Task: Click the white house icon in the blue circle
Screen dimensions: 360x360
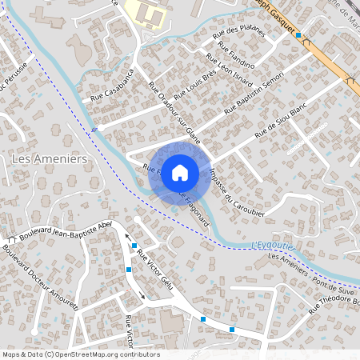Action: [x=180, y=172]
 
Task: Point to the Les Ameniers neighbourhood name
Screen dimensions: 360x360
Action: [x=50, y=159]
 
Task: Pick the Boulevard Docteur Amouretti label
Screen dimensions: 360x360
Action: [x=40, y=276]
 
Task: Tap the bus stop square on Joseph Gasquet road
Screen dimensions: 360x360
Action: [x=298, y=35]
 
